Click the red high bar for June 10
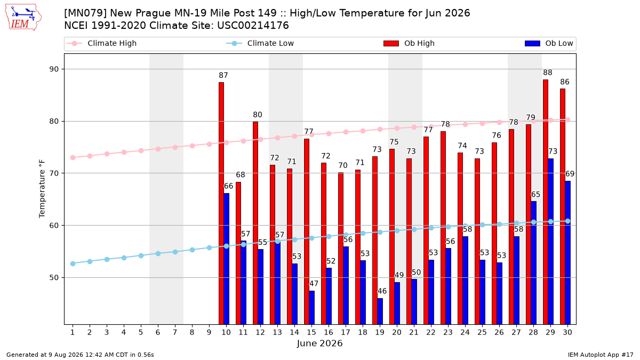coord(221,203)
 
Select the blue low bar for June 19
coord(380,311)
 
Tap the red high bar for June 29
coord(546,202)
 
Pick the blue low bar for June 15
coord(311,307)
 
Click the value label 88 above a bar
coord(548,73)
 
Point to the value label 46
coord(382,291)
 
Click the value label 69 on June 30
coord(570,174)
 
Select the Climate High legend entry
coord(102,43)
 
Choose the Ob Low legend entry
coord(549,43)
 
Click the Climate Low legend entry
coord(260,43)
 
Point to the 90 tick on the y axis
coord(54,69)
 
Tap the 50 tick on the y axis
coord(54,277)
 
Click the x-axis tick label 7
coord(175,332)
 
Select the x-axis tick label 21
coord(414,332)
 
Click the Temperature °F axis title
coord(42,189)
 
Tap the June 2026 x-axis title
coord(319,343)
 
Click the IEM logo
coord(23,18)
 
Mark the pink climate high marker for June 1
coord(73,157)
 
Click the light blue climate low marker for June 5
coord(141,255)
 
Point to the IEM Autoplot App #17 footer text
coord(601,355)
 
